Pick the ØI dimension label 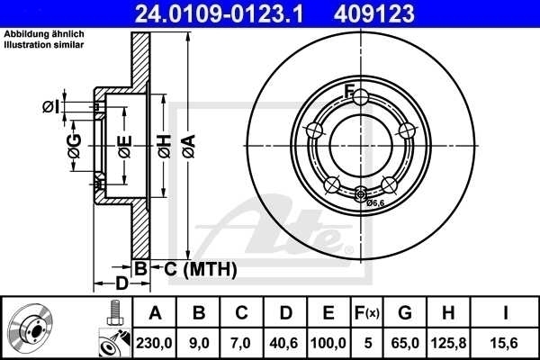[49, 107]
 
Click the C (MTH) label [195, 268]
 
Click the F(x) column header [367, 313]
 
